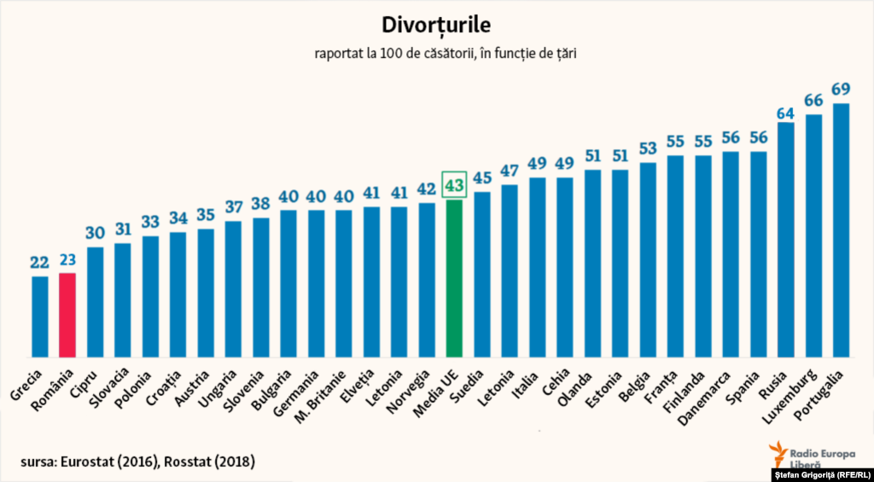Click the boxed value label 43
(454, 184)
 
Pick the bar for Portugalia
(841, 230)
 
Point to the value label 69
(841, 89)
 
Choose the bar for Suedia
(481, 273)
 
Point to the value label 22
(40, 262)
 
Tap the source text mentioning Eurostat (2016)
(138, 462)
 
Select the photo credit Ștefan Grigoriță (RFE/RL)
(821, 474)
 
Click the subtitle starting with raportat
(436, 53)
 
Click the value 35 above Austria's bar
(206, 214)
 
